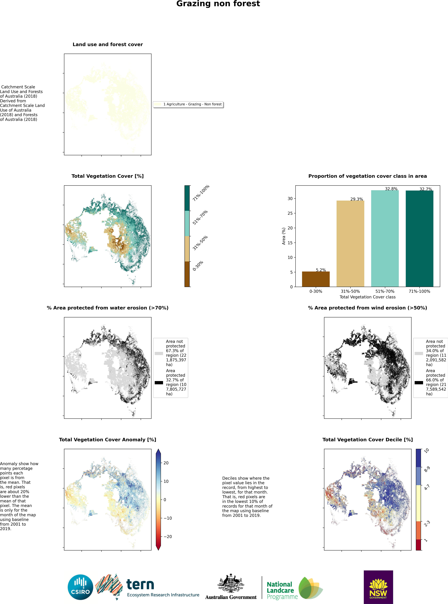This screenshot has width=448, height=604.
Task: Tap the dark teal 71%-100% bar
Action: click(419, 239)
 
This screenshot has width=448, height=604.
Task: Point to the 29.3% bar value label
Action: click(356, 199)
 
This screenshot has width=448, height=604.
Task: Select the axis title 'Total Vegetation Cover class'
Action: click(367, 297)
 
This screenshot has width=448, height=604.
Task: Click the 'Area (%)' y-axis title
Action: click(284, 236)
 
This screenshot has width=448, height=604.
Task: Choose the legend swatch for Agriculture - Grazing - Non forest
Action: click(157, 104)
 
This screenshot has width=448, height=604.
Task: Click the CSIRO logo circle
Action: click(80, 587)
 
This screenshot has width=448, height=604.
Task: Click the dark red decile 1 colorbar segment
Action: click(418, 545)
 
